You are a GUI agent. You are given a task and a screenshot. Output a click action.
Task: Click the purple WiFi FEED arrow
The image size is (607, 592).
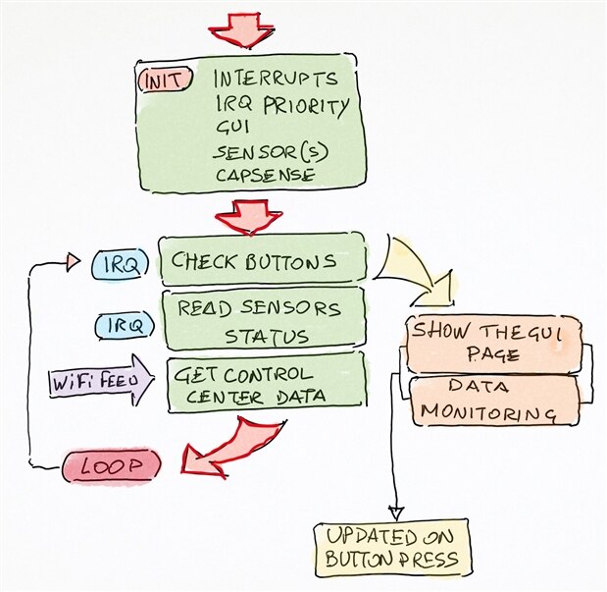(x=101, y=379)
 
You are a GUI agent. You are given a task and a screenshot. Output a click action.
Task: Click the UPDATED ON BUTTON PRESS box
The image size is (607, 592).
(x=391, y=551)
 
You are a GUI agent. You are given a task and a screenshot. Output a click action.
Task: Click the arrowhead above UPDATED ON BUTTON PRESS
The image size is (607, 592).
(x=395, y=512)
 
